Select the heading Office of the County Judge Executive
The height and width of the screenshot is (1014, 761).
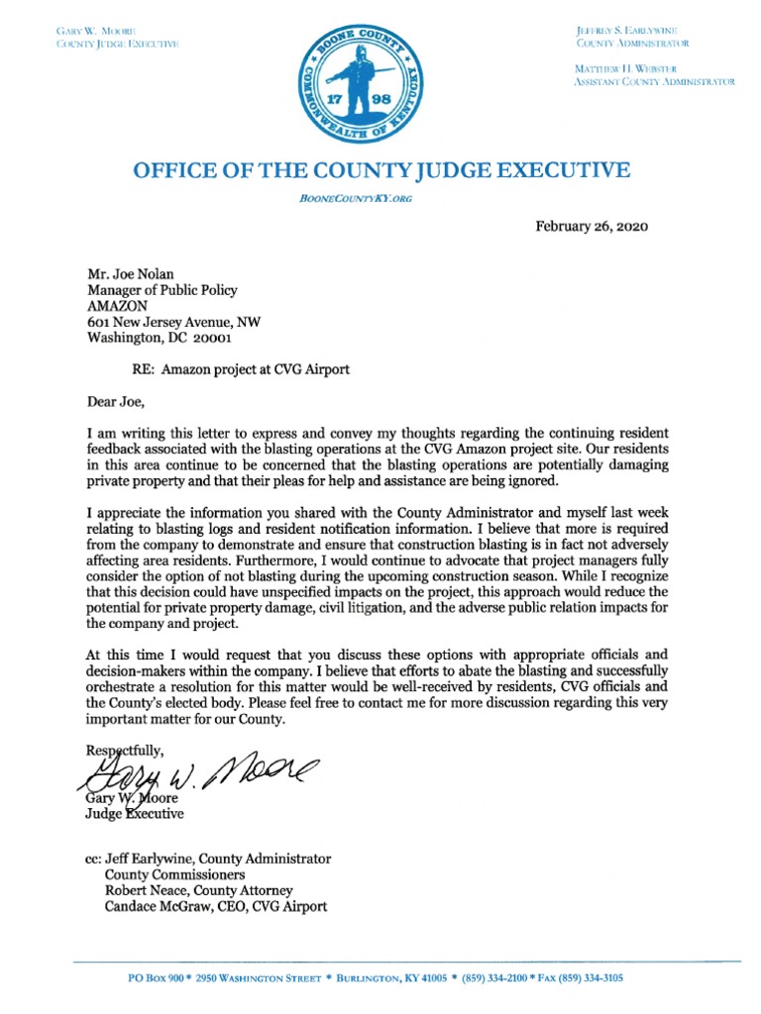pos(380,170)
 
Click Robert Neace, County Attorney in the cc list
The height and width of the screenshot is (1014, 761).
pos(199,890)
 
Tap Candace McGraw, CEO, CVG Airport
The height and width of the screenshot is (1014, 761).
pos(216,906)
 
